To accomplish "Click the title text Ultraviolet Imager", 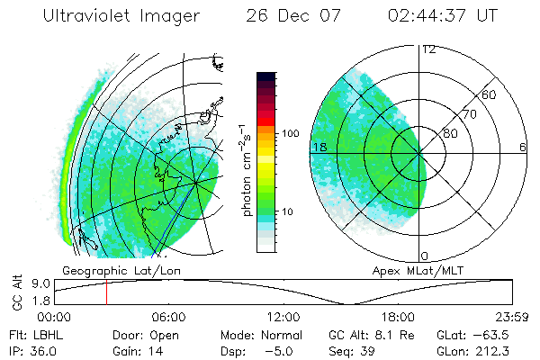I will (137, 18).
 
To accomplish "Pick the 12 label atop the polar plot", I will (428, 49).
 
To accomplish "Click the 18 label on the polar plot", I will (319, 147).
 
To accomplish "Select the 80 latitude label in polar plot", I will (450, 133).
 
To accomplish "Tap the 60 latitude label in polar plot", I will (489, 94).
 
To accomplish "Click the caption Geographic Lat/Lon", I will (105, 270).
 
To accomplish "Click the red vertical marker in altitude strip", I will (106, 292).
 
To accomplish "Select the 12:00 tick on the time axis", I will (283, 317).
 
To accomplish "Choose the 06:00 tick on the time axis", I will (168, 317).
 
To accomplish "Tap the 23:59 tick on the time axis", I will (513, 317).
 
